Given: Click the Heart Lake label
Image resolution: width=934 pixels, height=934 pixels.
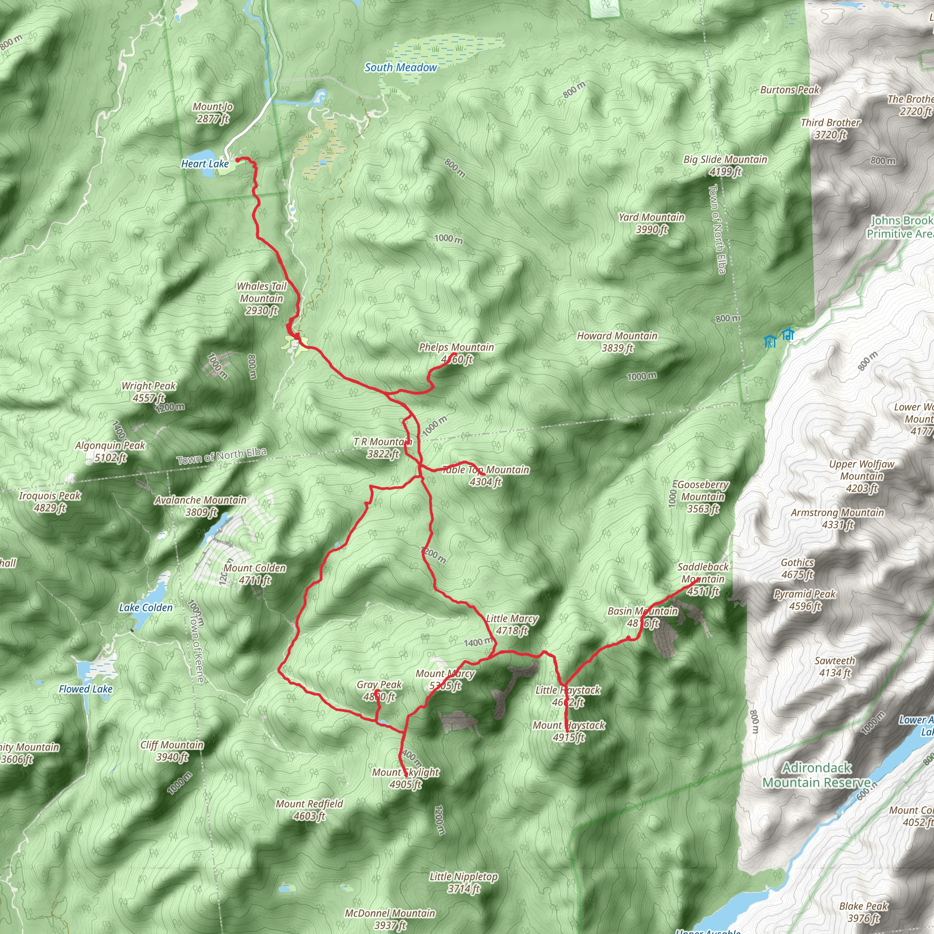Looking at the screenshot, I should (204, 164).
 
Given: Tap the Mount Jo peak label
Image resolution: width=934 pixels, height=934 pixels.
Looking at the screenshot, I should (213, 112).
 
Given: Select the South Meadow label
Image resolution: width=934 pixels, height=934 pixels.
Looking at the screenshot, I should (401, 67).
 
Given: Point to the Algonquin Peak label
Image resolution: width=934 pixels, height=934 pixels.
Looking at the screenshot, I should (110, 451).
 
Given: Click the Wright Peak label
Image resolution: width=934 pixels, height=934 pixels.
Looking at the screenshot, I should (149, 392).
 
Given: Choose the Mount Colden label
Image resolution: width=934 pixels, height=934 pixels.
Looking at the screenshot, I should (255, 574).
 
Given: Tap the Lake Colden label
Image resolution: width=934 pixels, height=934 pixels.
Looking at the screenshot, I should (145, 607).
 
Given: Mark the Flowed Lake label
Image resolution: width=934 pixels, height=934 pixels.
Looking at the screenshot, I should (86, 689).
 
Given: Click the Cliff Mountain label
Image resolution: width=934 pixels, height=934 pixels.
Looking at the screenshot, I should (172, 751).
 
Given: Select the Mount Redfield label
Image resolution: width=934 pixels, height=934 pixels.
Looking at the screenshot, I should (309, 810).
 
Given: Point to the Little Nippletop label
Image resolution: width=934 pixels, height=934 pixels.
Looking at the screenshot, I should (464, 882).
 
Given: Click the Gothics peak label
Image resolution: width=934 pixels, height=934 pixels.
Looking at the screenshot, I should (798, 569).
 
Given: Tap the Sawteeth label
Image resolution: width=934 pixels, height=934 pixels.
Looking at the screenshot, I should (835, 666).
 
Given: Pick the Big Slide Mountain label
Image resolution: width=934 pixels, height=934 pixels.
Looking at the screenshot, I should (725, 166).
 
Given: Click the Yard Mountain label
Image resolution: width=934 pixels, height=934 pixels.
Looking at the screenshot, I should (652, 223).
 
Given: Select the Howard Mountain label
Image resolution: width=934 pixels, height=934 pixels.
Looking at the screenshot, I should (617, 342).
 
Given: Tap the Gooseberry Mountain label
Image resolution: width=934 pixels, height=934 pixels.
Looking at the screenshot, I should (702, 497).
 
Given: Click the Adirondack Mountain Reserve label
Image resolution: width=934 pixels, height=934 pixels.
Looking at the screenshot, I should (816, 775).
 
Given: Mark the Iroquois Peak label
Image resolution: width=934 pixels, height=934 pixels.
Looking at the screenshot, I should (50, 501).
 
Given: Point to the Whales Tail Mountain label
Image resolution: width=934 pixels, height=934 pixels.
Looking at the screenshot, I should (261, 298).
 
